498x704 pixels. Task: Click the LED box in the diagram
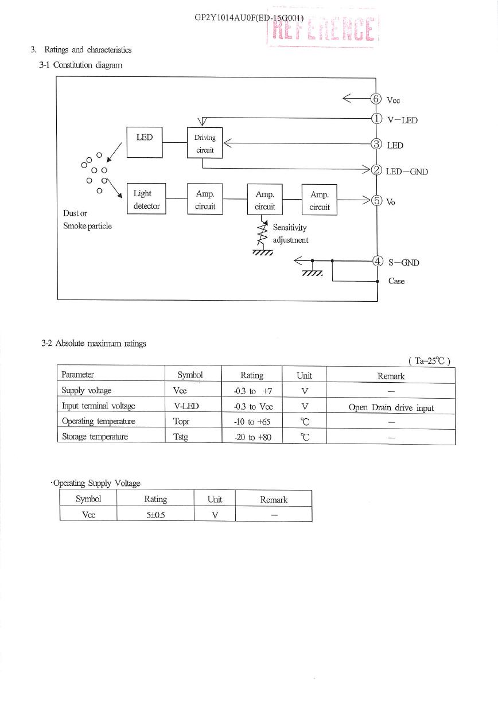pyautogui.click(x=145, y=142)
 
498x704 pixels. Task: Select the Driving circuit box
pyautogui.click(x=205, y=143)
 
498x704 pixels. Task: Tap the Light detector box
pyautogui.click(x=146, y=199)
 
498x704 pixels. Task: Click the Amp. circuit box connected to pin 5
pyautogui.click(x=320, y=200)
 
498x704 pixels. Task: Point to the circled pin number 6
pyautogui.click(x=376, y=99)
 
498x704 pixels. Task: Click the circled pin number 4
pyautogui.click(x=378, y=261)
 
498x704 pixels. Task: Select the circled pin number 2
pyautogui.click(x=376, y=170)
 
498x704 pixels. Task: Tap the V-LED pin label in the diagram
pyautogui.click(x=403, y=120)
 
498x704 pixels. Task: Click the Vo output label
pyautogui.click(x=391, y=202)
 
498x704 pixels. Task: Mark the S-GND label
pyautogui.click(x=404, y=262)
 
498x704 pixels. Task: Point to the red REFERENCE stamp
pyautogui.click(x=324, y=28)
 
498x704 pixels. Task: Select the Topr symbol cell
pyautogui.click(x=181, y=421)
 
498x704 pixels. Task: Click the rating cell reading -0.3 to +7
pyautogui.click(x=252, y=391)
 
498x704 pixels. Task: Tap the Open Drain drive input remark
pyautogui.click(x=391, y=407)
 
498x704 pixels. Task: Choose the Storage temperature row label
pyautogui.click(x=95, y=437)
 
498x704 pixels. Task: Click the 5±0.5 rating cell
pyautogui.click(x=155, y=515)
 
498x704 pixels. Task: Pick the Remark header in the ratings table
pyautogui.click(x=391, y=376)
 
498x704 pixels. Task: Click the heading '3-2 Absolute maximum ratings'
pyautogui.click(x=94, y=343)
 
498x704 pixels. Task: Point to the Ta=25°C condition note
pyautogui.click(x=430, y=361)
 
